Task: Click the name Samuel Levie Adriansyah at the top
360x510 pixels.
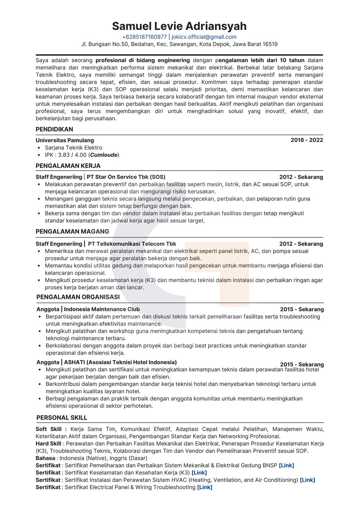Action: click(179, 26)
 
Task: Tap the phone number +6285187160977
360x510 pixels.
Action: click(144, 37)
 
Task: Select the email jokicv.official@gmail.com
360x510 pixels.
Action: click(204, 37)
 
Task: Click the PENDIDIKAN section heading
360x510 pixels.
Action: click(54, 129)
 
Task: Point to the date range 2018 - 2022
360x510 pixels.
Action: click(307, 140)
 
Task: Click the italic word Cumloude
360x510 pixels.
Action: click(104, 155)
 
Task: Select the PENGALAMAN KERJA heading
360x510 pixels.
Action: click(68, 166)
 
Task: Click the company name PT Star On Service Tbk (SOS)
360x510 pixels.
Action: click(126, 177)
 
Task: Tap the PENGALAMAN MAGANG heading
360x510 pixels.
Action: click(72, 231)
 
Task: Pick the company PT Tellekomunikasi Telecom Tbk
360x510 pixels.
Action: click(132, 244)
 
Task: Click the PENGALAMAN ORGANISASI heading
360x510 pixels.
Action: click(78, 297)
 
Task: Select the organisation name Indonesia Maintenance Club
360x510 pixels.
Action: click(102, 309)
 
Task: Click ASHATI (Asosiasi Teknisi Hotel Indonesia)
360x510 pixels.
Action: click(120, 362)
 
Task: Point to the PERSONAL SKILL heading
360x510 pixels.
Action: click(62, 417)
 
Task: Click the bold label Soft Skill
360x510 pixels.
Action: click(49, 429)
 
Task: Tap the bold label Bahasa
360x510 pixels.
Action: click(45, 458)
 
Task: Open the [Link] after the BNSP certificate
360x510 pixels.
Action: click(286, 465)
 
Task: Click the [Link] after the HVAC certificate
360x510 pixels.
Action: click(307, 480)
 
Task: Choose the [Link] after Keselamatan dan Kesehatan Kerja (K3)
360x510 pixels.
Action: click(199, 473)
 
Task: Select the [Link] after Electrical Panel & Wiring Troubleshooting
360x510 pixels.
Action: click(205, 487)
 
